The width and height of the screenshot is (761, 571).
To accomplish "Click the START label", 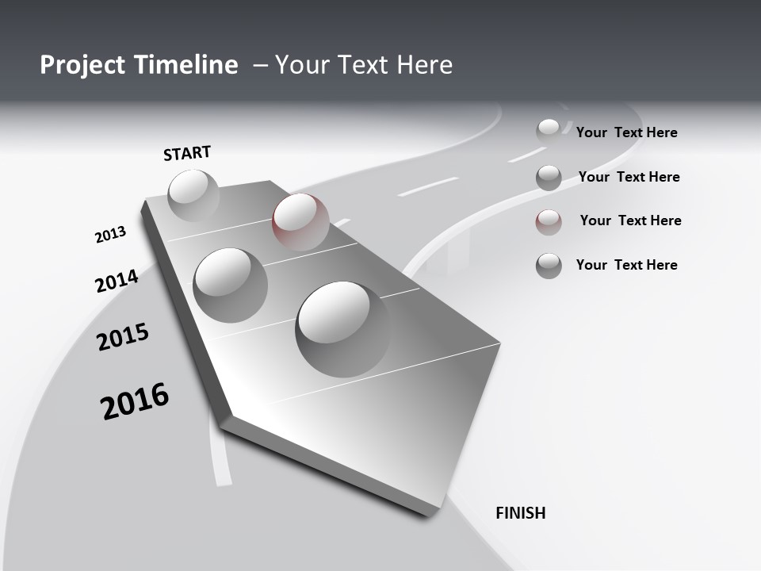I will coord(187,153).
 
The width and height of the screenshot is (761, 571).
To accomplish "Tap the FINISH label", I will coord(520,513).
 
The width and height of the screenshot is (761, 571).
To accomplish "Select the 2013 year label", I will coord(110,235).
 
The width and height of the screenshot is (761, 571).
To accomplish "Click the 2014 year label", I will coord(117,282).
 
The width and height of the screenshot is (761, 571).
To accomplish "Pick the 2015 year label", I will coord(123,337).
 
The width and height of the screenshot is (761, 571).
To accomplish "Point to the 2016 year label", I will coord(135,400).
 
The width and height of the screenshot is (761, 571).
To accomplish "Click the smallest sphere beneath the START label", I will coord(193,195).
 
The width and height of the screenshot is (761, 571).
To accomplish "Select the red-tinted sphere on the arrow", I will coord(300,221).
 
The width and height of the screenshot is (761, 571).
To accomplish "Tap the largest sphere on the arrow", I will coord(342,328).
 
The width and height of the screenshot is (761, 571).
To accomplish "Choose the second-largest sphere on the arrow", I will coord(230,285).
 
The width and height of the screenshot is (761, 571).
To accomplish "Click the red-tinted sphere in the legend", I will coord(549,222).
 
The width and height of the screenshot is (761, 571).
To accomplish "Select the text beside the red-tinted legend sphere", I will coord(630,220).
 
